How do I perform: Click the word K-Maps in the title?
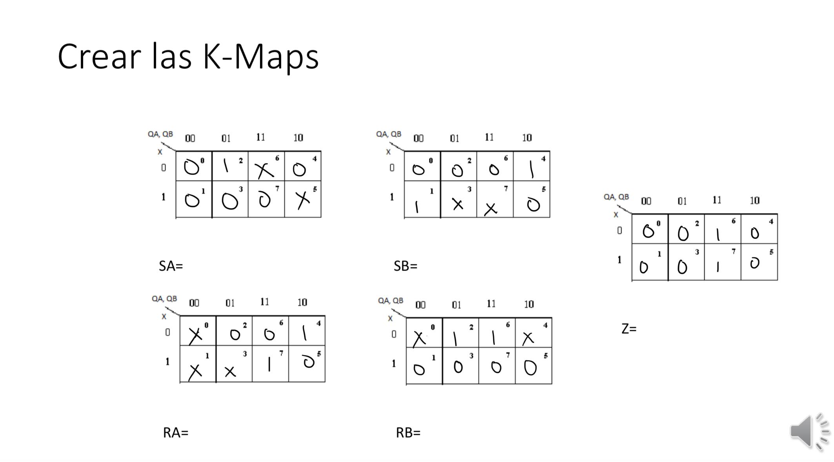click(x=260, y=57)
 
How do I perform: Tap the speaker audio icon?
click(x=809, y=431)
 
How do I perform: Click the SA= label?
click(x=171, y=266)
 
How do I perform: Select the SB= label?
click(x=405, y=266)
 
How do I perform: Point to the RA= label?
click(x=175, y=433)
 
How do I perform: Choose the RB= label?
click(x=408, y=433)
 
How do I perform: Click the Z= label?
click(x=629, y=329)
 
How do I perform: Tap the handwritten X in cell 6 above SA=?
click(x=265, y=170)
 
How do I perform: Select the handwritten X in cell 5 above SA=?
click(x=303, y=200)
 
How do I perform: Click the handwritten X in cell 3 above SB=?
click(x=458, y=204)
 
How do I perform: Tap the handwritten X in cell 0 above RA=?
click(x=195, y=335)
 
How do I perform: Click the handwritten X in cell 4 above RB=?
click(x=528, y=338)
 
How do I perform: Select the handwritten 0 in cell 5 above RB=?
click(x=530, y=368)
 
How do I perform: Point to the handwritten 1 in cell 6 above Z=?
click(x=718, y=235)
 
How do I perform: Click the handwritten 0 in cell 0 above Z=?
click(x=648, y=231)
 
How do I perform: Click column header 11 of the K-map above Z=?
click(x=717, y=200)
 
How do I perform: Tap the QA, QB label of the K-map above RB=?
click(x=390, y=301)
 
